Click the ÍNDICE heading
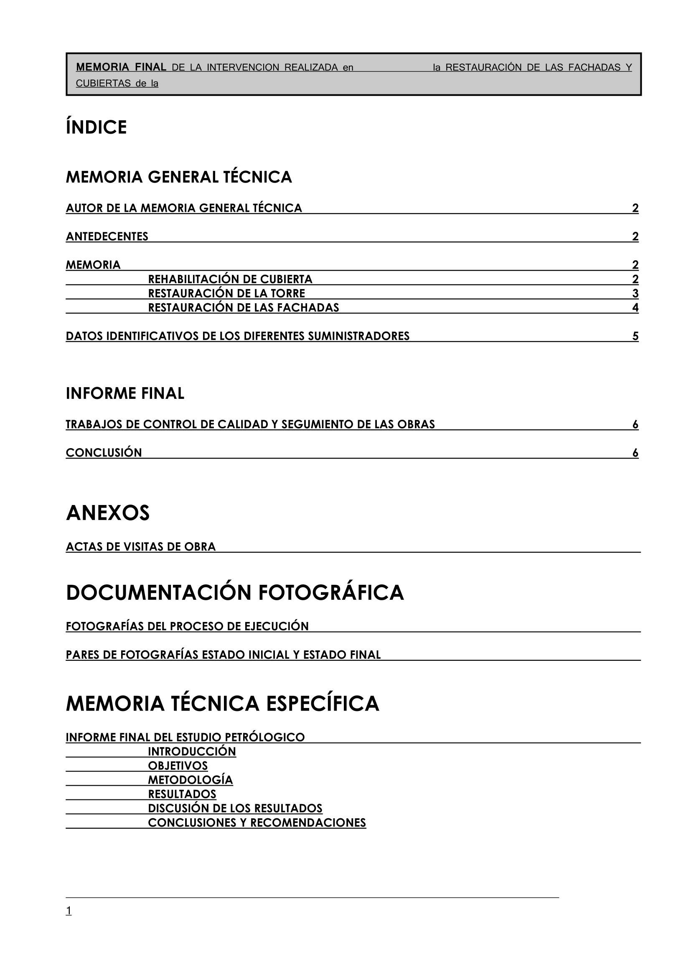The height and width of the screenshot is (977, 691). [96, 127]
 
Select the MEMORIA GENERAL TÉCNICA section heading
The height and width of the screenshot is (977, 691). [179, 177]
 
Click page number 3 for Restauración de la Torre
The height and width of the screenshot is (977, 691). [635, 294]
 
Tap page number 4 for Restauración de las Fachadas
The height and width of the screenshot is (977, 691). [635, 308]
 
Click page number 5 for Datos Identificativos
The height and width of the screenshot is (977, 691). [635, 336]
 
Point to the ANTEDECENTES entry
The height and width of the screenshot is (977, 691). [107, 236]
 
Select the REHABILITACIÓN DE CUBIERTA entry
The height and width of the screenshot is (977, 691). [230, 279]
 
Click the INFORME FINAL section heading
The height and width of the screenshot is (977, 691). [125, 393]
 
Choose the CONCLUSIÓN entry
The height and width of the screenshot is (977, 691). [104, 453]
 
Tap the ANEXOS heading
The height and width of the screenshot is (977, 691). [108, 513]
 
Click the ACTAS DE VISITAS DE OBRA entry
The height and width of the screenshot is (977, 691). [141, 547]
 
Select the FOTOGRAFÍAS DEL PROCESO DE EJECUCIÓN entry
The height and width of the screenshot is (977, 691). [187, 627]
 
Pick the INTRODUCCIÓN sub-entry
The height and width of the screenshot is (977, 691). [192, 751]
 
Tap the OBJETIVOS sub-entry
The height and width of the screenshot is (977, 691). [178, 766]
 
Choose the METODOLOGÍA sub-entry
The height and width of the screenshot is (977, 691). [190, 780]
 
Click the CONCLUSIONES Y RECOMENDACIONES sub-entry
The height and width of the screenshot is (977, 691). [257, 822]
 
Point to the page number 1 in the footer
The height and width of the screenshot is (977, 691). [69, 911]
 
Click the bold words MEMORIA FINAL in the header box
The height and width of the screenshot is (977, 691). [121, 67]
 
